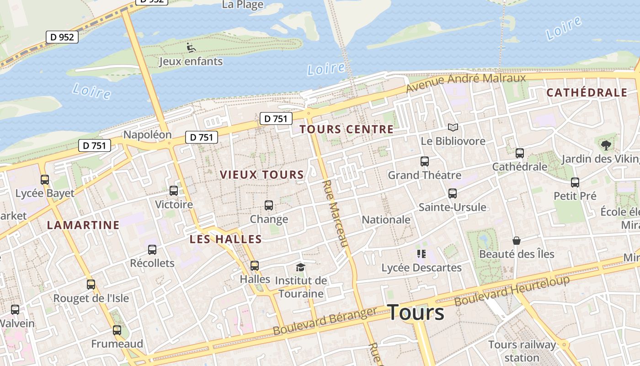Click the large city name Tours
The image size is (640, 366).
[x=416, y=313]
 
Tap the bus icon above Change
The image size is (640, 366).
[x=269, y=205]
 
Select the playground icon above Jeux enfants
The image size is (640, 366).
[x=191, y=47]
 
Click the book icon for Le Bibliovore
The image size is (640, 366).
[x=453, y=127]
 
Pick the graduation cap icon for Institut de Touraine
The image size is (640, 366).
[x=300, y=267]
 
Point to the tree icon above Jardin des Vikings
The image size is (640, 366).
[x=606, y=145]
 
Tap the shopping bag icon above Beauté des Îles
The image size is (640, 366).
[x=517, y=241]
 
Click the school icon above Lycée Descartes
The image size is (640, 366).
[x=421, y=254]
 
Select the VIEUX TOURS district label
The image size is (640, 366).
[x=262, y=175]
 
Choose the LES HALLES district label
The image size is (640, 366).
[x=226, y=239]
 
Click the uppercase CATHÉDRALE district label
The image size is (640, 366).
[x=587, y=93]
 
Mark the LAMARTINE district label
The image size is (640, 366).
[x=83, y=225]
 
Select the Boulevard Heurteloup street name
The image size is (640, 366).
[x=512, y=291]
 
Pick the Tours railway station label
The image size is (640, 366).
[x=522, y=351]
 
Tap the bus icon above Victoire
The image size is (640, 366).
[x=174, y=191]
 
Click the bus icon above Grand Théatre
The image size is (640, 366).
[x=425, y=161]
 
